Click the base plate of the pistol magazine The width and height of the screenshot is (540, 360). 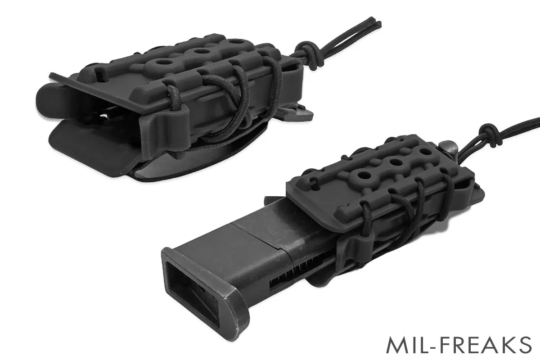tap(204, 291)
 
